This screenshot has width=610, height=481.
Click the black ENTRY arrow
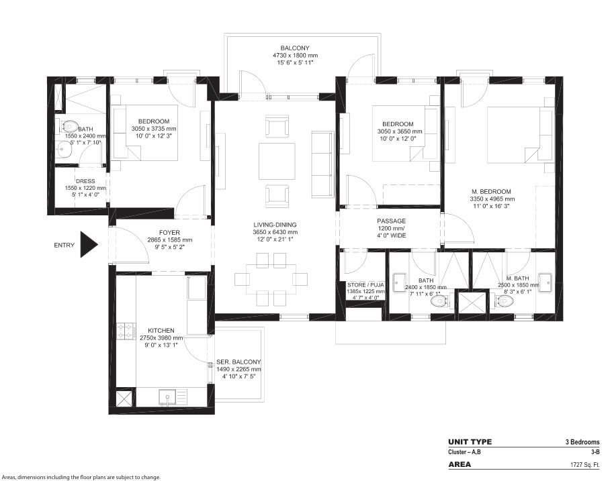coord(88,244)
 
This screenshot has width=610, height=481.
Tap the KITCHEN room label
coord(161,331)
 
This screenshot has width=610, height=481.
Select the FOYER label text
coord(169,233)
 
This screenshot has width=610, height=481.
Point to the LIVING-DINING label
coord(275,225)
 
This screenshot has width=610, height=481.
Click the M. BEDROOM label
coord(491,192)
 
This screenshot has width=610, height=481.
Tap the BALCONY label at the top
coord(295,48)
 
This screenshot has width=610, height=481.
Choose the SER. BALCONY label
coord(238,362)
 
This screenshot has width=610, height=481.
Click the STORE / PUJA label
coord(365,285)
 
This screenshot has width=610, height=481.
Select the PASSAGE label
coord(392,221)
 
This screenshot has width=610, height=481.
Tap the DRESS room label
coord(85,181)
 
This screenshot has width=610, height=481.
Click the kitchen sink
coord(168,396)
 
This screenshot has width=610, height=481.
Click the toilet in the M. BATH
coord(504,301)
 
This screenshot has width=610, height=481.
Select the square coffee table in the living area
coord(277,161)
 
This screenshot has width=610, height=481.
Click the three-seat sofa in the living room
coord(322,164)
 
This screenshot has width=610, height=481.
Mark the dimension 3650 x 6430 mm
coord(275,232)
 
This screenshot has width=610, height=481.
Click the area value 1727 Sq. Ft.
coord(582,464)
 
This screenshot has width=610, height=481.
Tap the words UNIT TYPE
coord(470,442)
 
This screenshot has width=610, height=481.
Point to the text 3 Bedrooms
coord(582,442)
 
